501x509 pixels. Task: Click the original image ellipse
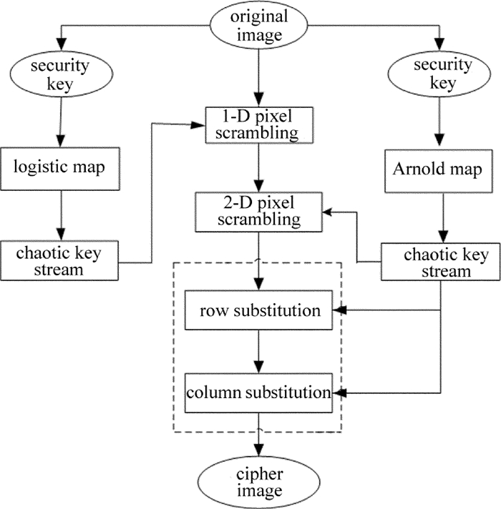tap(258, 26)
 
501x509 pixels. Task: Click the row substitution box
tap(258, 310)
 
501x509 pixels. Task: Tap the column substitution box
tap(258, 392)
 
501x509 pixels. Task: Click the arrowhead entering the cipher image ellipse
tap(258, 450)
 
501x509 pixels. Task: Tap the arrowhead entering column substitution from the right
tap(344, 392)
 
